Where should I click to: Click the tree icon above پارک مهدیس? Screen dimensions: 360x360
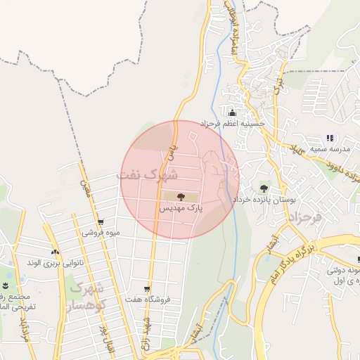coord(181,197)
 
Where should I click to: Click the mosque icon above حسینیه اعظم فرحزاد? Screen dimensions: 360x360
coord(232,113)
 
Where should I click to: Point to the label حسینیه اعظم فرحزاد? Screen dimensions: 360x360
coord(232,124)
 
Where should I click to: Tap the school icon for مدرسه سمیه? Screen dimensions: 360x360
coord(330,138)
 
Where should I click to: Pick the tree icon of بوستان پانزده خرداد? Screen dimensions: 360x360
coord(264,188)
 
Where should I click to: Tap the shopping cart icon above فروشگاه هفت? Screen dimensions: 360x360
coord(146,288)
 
